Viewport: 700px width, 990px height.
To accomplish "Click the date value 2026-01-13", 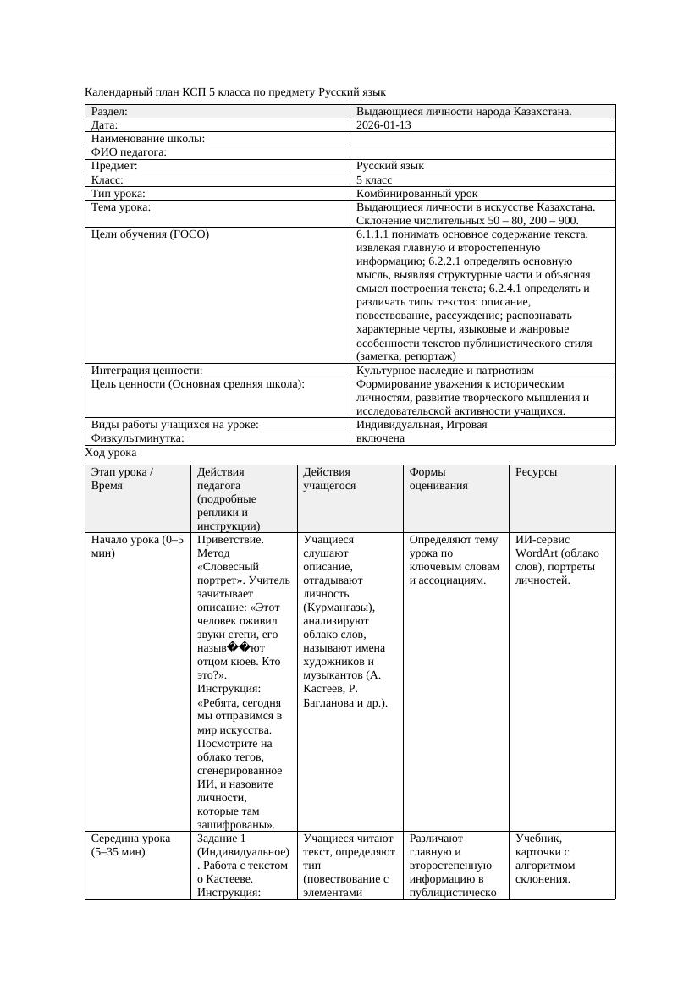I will [x=383, y=125].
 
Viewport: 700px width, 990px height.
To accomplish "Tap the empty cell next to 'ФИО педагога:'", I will [x=482, y=152].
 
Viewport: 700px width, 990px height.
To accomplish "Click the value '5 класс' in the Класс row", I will [x=374, y=180].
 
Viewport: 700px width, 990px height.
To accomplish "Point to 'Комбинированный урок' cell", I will [x=411, y=194].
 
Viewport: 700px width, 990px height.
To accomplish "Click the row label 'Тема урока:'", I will [x=121, y=207].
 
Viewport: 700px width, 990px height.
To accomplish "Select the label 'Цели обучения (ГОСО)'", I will [x=150, y=234].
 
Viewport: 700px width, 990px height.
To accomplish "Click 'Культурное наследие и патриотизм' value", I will [x=444, y=371].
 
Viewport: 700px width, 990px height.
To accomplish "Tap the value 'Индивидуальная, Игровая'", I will [x=422, y=425].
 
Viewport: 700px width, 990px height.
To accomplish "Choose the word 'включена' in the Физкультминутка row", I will [x=380, y=438].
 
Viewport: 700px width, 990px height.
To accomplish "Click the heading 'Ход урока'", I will [x=111, y=453].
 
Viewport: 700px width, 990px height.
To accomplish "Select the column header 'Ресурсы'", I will [x=537, y=472].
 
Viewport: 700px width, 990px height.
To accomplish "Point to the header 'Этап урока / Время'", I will [x=122, y=479].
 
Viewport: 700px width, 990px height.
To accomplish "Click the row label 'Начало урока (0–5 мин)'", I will [x=136, y=547].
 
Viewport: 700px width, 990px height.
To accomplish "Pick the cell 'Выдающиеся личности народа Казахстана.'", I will [x=464, y=112].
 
